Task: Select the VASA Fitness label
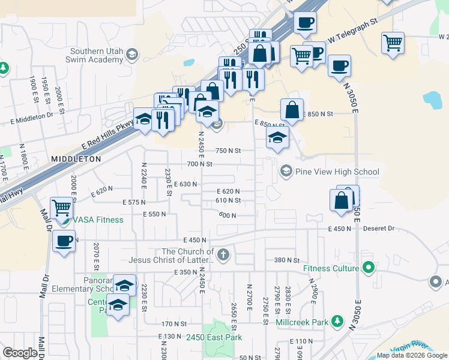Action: click(98, 220)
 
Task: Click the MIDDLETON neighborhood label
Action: click(76, 159)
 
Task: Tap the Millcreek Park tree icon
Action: click(337, 322)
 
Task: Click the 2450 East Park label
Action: click(214, 338)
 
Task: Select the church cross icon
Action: click(223, 255)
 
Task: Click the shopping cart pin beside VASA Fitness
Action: click(62, 208)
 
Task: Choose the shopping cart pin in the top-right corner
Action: click(393, 43)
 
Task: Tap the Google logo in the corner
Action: click(20, 353)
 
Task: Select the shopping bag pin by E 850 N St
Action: click(291, 110)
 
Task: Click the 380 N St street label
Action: click(286, 260)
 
